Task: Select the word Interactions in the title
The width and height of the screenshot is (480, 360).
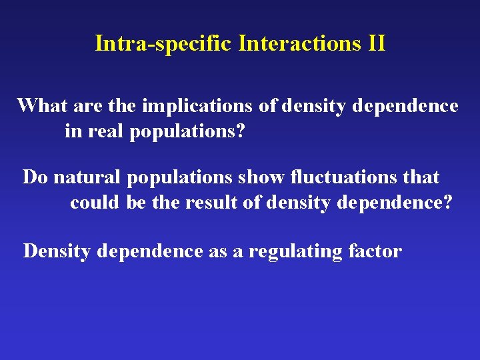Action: (x=299, y=44)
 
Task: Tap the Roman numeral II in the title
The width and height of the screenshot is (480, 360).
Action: (x=375, y=44)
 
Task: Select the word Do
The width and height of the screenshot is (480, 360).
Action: (x=36, y=177)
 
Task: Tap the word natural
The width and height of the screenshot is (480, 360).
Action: (x=85, y=177)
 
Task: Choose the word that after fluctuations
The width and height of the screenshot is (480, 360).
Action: (x=421, y=177)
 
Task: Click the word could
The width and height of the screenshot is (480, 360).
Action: (x=95, y=203)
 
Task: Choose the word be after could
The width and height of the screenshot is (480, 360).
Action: (x=135, y=203)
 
